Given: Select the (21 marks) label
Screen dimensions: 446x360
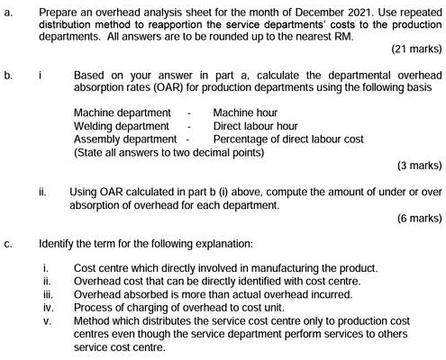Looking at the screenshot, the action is pos(412,51).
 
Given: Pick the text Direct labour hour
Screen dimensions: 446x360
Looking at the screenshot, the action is pos(256,127).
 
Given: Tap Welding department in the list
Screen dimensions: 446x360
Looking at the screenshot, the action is pos(121,127).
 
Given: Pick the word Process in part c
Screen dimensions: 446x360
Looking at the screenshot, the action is pos(94,307).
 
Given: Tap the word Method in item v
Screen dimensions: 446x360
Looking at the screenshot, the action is pos(92,320).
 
